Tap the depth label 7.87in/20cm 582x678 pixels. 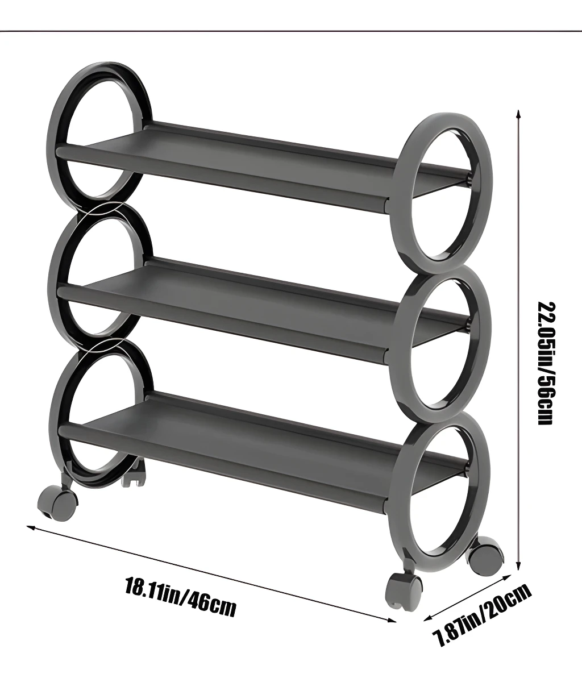tap(483, 615)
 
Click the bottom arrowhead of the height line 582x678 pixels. tap(517, 565)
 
